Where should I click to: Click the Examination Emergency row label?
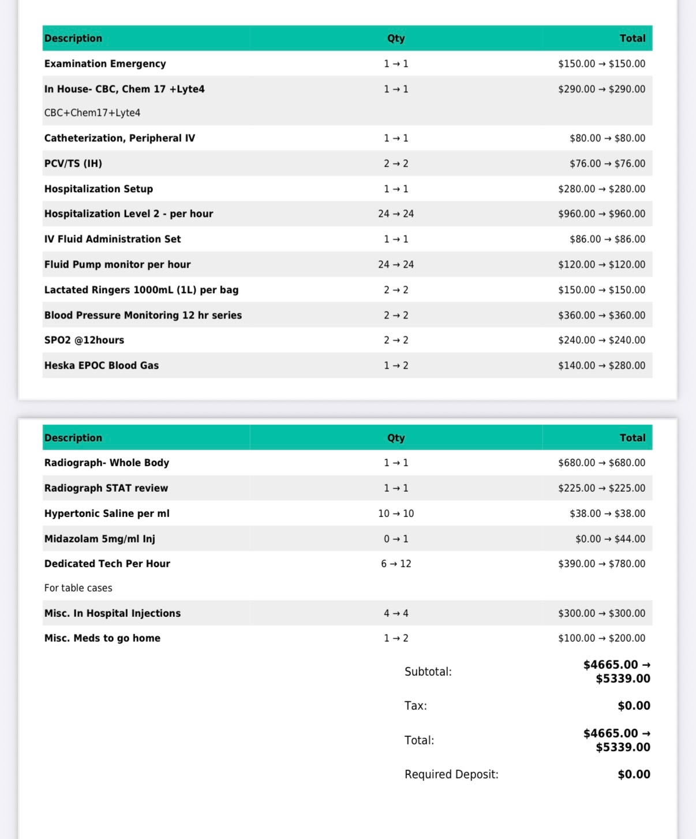(105, 63)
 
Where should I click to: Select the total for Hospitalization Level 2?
(601, 214)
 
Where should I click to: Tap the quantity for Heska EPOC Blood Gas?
(396, 365)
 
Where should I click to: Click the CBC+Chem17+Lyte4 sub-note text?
(92, 113)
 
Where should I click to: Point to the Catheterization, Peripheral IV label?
(119, 138)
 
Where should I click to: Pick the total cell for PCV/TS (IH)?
(607, 163)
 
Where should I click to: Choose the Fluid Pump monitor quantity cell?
(396, 264)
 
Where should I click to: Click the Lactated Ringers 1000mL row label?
(141, 290)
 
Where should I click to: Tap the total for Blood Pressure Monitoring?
(601, 315)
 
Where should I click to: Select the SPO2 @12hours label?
(84, 340)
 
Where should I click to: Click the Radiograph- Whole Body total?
(601, 463)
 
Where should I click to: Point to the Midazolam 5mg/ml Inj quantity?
(396, 538)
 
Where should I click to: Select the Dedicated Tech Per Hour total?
(601, 564)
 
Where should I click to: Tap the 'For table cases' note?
(78, 588)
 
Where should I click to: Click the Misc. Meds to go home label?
(102, 638)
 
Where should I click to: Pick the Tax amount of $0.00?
(634, 706)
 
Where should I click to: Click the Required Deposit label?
(451, 774)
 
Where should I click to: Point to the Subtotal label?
(428, 672)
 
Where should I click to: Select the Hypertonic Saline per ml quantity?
(396, 514)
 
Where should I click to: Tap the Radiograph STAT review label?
(106, 488)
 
